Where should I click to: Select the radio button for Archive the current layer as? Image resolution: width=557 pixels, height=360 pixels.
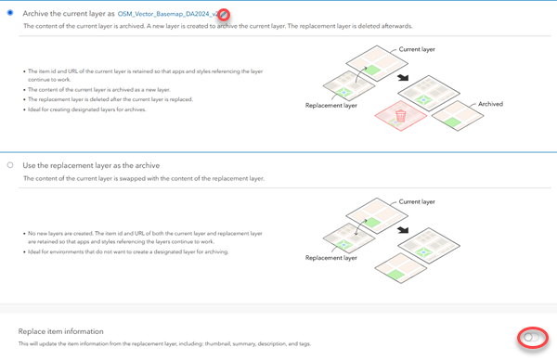[9, 13]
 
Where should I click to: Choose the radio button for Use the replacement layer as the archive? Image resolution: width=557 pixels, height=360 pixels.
[9, 165]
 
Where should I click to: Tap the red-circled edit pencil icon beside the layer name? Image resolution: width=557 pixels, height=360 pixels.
[224, 15]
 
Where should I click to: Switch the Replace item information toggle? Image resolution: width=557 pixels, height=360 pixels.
[532, 337]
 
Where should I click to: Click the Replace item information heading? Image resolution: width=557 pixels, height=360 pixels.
[61, 331]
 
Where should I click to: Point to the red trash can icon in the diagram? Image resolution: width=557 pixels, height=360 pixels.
[401, 116]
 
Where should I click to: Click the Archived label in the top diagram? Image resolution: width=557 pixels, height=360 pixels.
[490, 104]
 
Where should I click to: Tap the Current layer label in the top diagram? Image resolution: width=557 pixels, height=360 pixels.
[416, 49]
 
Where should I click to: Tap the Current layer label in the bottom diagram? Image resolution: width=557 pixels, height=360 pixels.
[416, 201]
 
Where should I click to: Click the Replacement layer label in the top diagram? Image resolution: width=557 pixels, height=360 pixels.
[331, 106]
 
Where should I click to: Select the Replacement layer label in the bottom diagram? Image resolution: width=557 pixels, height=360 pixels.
[331, 258]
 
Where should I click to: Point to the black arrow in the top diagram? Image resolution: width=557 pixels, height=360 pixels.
[403, 78]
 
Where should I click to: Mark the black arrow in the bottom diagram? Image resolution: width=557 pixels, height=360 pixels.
[403, 230]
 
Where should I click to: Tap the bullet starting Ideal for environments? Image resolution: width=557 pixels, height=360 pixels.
[128, 251]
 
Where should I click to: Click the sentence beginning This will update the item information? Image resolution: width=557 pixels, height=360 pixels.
[164, 344]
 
